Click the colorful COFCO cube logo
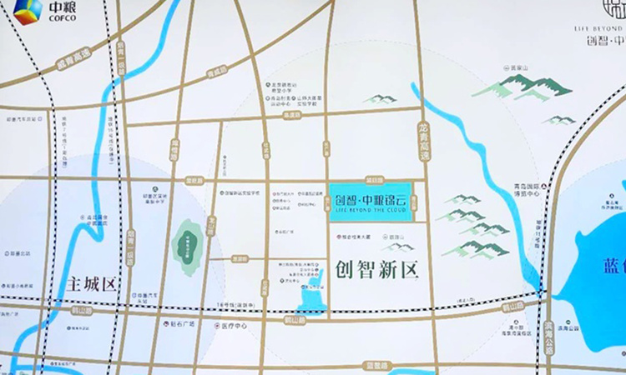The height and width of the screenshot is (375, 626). (28, 12)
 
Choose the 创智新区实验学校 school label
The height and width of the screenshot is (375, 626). (244, 192)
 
